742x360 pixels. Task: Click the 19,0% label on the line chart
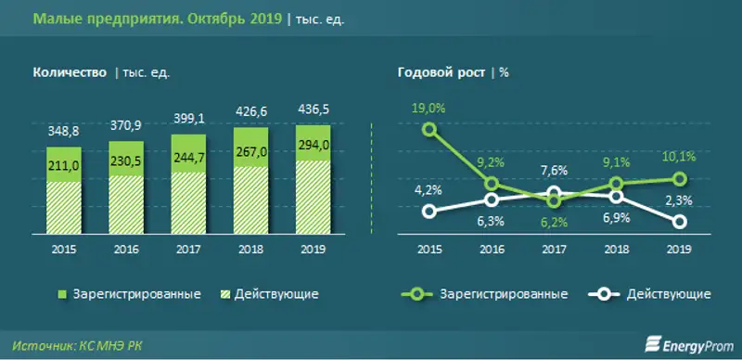pos(429,109)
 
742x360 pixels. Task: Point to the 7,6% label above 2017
pos(555,170)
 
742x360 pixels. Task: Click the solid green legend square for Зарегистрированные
pos(62,294)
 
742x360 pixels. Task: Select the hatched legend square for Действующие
pos(223,294)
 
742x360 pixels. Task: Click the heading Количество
pos(70,72)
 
